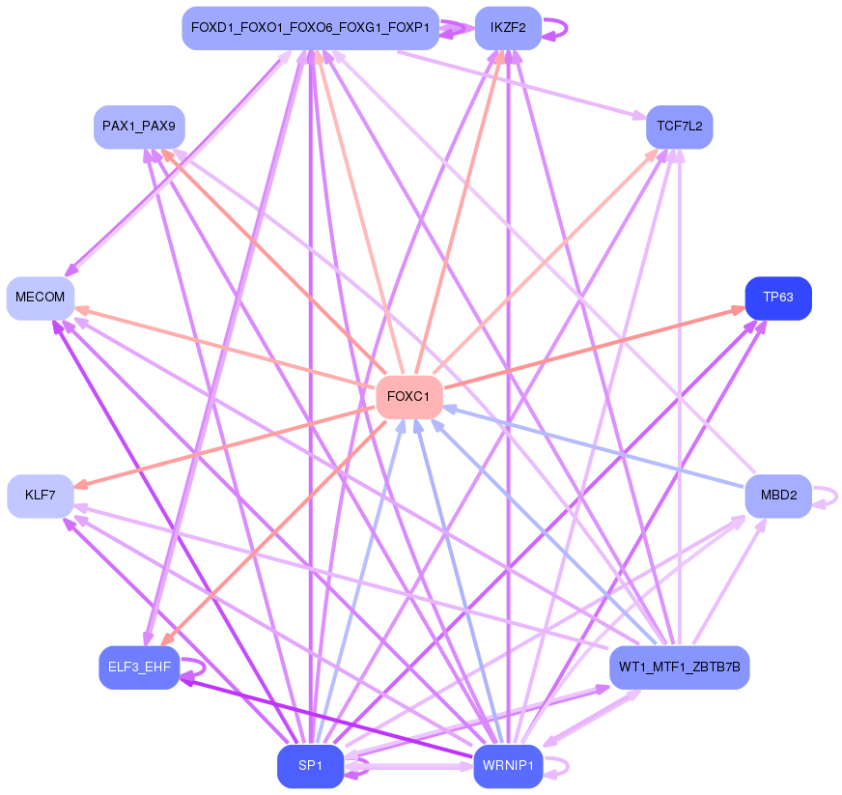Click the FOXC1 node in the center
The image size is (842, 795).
click(x=409, y=397)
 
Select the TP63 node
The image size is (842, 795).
click(x=778, y=298)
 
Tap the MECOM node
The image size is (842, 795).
click(x=41, y=298)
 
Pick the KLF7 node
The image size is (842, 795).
click(x=41, y=496)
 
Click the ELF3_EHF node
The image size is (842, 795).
click(x=139, y=667)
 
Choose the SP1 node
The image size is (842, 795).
click(x=310, y=766)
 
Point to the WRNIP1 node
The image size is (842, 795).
click(x=508, y=766)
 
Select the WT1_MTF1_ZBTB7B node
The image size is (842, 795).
click(x=679, y=667)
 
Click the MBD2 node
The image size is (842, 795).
click(x=778, y=496)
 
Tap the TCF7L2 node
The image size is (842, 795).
click(x=679, y=127)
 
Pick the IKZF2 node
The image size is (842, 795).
click(x=508, y=28)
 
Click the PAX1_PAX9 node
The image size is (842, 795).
click(x=139, y=127)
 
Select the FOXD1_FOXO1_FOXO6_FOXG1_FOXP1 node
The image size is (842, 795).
click(x=310, y=28)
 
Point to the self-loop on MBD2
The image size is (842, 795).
click(x=826, y=497)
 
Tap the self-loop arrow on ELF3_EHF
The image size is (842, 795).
click(x=193, y=668)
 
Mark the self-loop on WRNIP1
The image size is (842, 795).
click(x=556, y=767)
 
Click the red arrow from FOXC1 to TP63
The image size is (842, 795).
click(x=595, y=348)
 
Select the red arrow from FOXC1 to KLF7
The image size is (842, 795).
click(x=224, y=447)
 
